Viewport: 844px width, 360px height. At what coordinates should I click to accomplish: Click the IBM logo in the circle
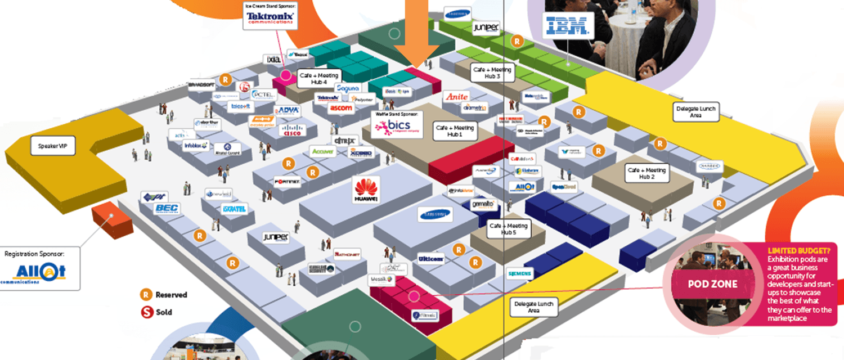[x=567, y=25]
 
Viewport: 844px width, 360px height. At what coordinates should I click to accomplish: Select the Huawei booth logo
[x=365, y=190]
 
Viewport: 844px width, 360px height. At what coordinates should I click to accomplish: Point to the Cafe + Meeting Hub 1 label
[x=455, y=131]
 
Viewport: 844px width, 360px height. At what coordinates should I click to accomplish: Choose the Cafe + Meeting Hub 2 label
[x=647, y=173]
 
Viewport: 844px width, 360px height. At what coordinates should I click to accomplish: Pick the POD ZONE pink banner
[x=713, y=285]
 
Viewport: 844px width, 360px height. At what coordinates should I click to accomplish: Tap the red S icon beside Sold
[x=146, y=312]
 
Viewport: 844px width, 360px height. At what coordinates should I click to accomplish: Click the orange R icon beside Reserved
[x=146, y=294]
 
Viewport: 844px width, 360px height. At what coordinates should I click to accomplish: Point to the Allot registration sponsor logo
[x=41, y=272]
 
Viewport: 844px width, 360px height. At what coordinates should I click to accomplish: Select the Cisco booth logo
[x=292, y=130]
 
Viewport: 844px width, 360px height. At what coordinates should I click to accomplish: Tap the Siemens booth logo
[x=519, y=274]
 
